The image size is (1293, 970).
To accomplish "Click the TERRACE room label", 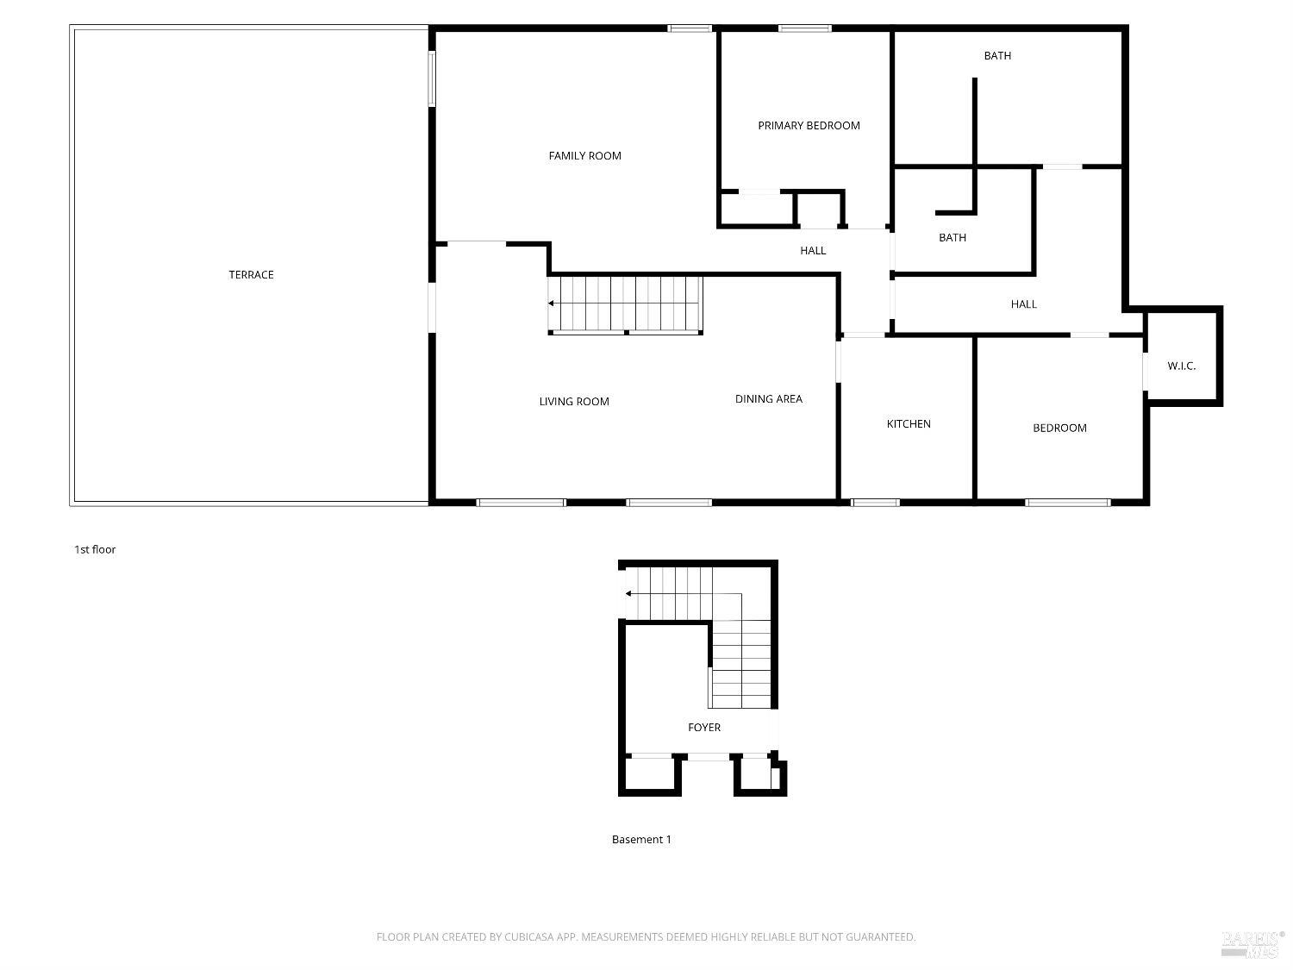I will [251, 275].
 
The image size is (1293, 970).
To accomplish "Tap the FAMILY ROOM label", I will [584, 156].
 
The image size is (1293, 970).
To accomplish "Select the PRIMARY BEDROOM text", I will [809, 126].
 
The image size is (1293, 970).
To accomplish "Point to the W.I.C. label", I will [1181, 366].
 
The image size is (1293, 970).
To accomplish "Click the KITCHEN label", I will [909, 424].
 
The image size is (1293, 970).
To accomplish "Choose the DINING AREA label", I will [768, 399].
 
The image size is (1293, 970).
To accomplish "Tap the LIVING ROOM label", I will [574, 402].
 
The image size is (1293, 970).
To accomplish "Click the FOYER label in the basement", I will [703, 728].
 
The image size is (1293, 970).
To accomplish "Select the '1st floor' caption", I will [95, 550].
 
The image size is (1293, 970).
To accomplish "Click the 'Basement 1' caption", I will [641, 840].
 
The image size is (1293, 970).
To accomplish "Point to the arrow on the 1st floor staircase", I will [552, 304].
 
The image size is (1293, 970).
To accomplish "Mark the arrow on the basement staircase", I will [629, 594].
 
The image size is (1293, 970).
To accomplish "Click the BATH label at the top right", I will [997, 56].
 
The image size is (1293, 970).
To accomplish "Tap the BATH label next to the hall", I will [952, 238].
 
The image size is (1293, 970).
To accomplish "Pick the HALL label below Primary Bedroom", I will [812, 251].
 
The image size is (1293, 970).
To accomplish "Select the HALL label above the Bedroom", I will [1023, 304].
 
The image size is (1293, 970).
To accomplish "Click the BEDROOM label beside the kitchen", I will [1059, 429].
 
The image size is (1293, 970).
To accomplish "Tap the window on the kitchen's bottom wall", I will [875, 503].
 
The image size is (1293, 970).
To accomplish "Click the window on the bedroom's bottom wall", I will [1067, 503].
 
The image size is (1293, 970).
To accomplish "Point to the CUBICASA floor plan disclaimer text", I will [646, 937].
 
